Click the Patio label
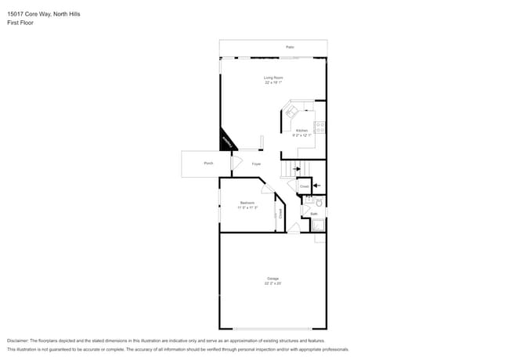(290, 48)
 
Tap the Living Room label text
(273, 77)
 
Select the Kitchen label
(301, 131)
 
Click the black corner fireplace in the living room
(228, 139)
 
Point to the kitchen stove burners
(320, 127)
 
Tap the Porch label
(208, 163)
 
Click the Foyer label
(256, 164)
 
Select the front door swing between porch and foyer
(236, 164)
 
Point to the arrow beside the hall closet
(317, 185)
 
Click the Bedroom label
(247, 203)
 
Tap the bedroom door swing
(267, 188)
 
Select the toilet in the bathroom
(308, 201)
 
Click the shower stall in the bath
(318, 225)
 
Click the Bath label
(313, 213)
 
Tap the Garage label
(273, 279)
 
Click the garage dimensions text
(273, 283)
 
